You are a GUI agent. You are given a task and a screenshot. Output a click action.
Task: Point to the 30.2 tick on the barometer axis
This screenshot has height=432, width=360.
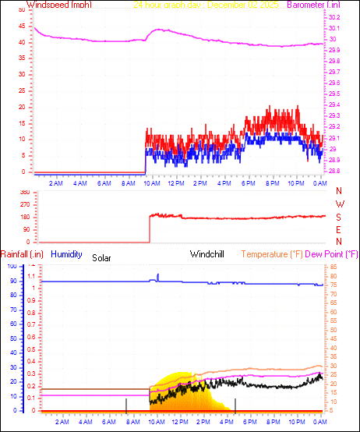click(334, 17)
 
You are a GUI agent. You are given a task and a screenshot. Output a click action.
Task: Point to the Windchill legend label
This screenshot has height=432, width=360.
click(208, 254)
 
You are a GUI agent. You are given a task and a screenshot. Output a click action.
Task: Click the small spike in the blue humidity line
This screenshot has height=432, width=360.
click(158, 275)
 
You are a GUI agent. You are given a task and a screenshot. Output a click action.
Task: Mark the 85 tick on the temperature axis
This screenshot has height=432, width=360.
click(334, 267)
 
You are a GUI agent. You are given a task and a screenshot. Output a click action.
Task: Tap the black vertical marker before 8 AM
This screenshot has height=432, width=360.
click(126, 404)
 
